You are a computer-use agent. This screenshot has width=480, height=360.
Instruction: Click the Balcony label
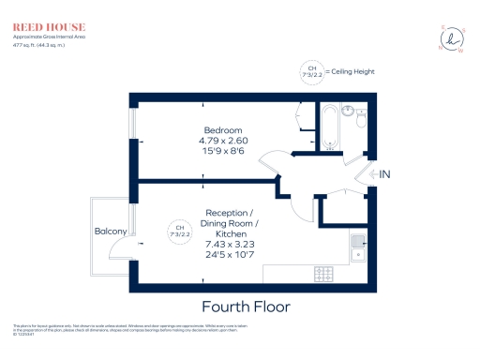(110, 231)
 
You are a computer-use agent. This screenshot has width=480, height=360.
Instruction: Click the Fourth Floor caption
(246, 307)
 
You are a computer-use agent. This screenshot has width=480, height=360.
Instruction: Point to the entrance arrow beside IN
(373, 174)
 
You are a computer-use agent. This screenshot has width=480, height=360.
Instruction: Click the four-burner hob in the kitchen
(324, 274)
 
